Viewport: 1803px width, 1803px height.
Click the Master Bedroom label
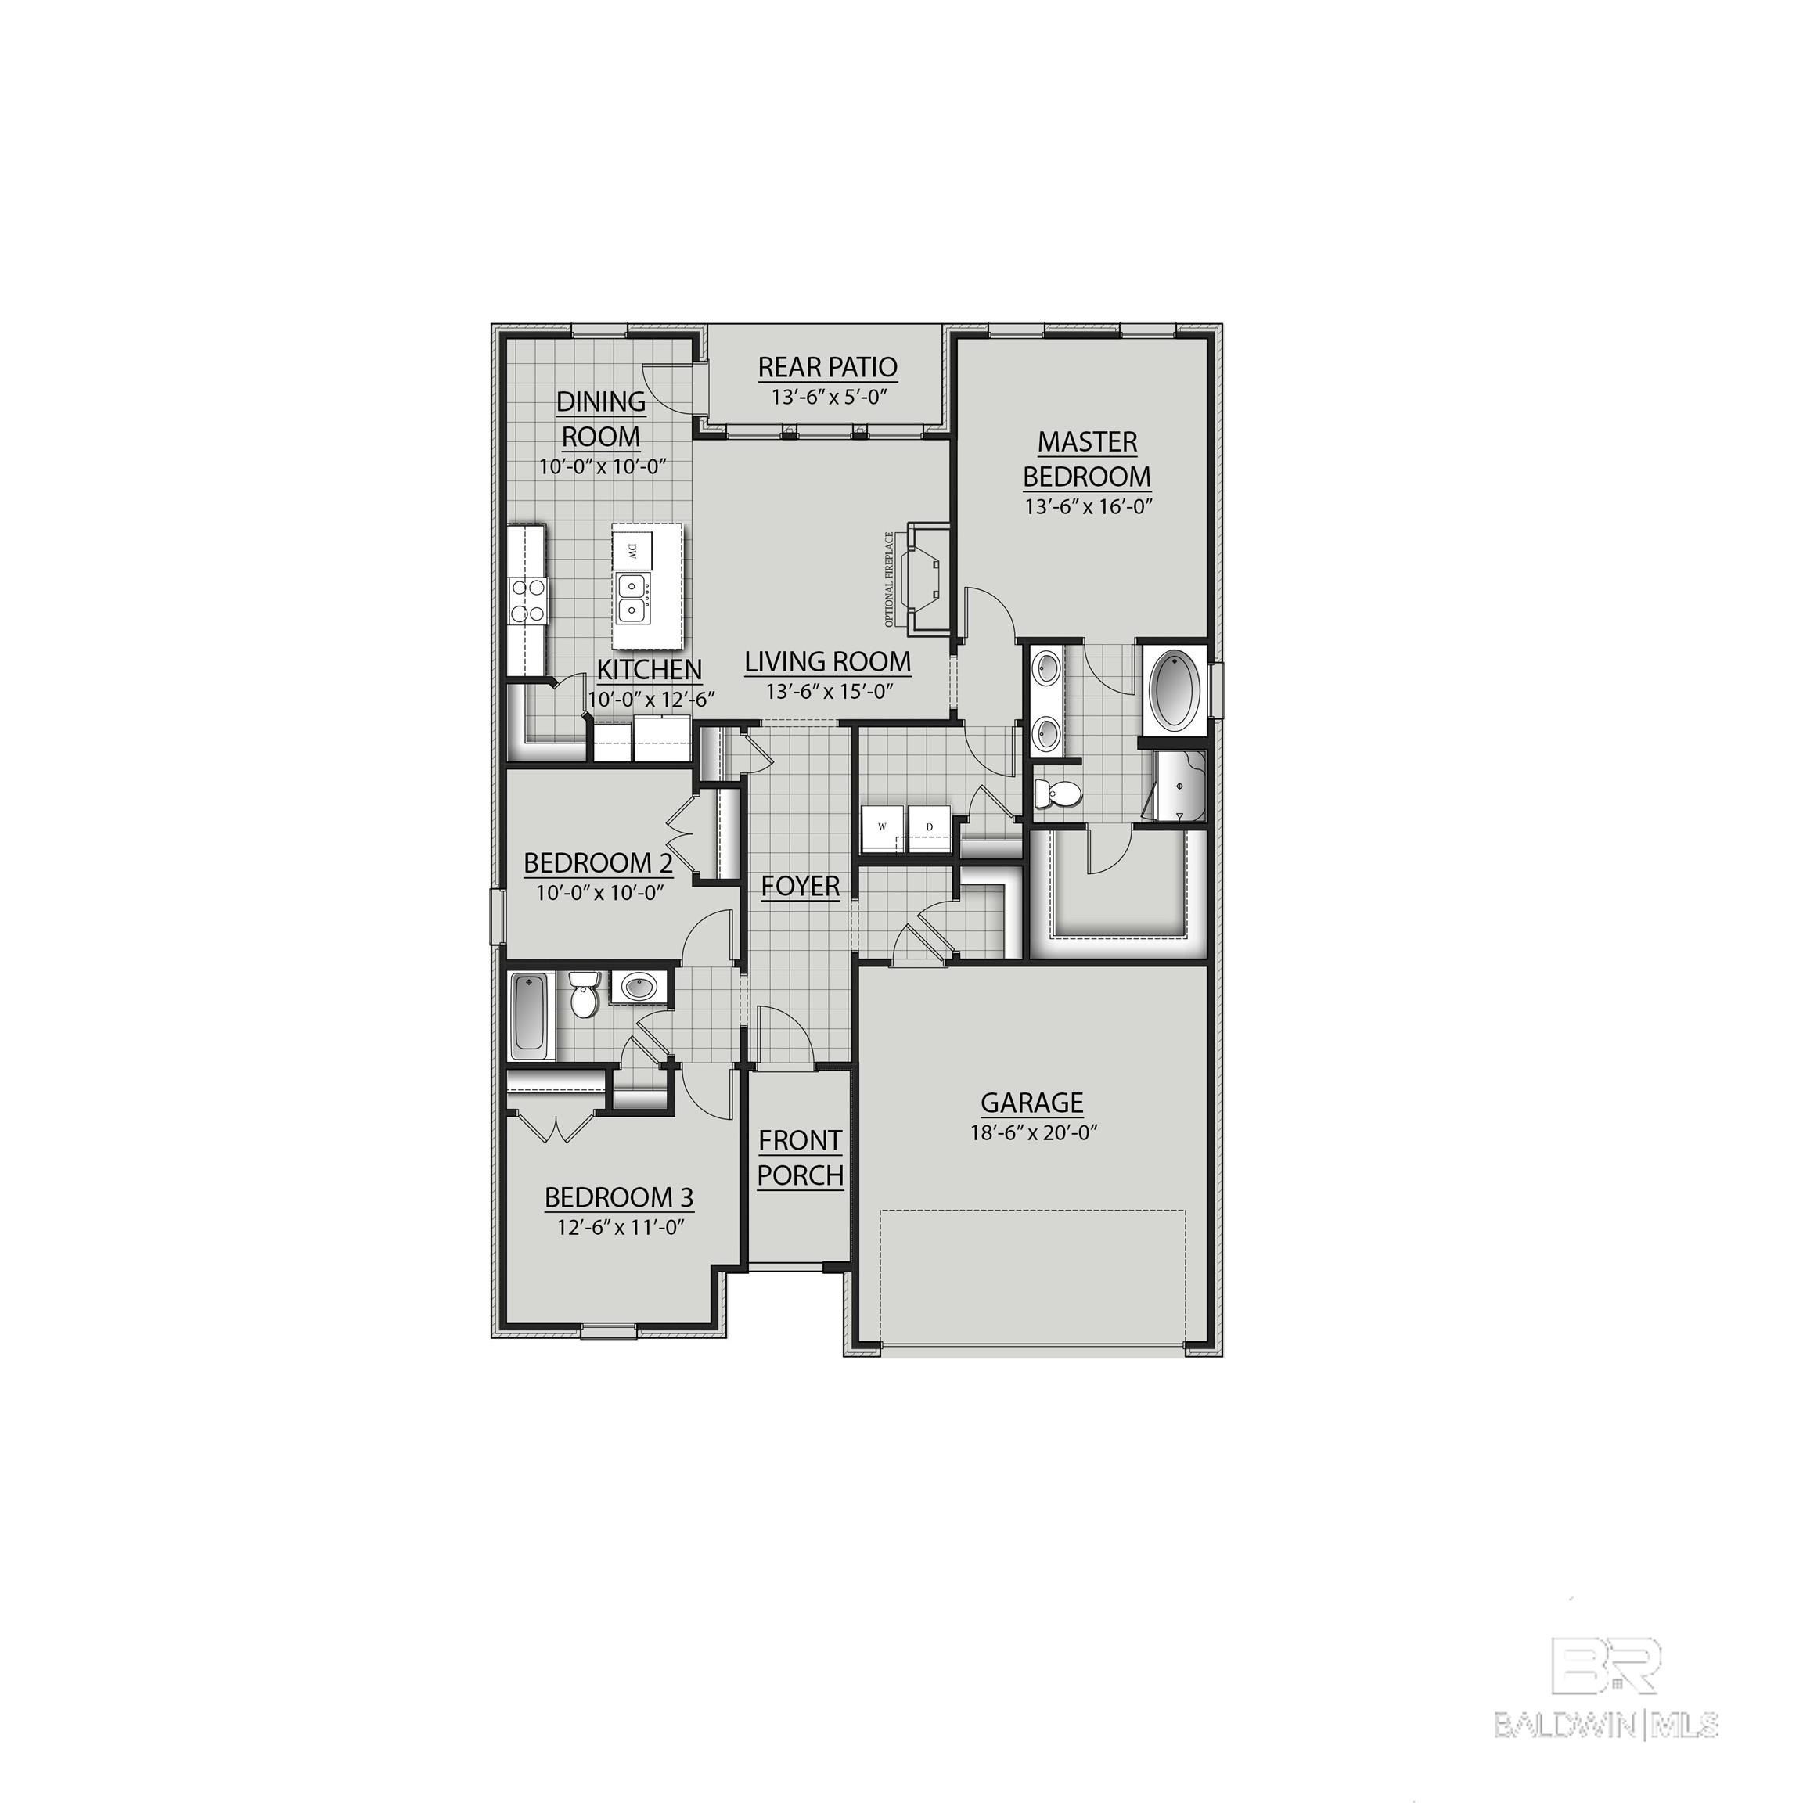click(1086, 459)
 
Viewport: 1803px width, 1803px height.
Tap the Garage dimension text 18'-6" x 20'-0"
click(1032, 1133)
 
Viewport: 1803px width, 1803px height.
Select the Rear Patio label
click(827, 367)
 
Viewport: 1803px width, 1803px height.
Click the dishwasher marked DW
click(632, 552)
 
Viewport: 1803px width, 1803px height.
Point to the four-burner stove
click(527, 600)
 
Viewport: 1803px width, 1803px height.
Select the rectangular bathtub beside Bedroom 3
click(529, 1014)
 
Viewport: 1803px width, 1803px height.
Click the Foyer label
click(800, 886)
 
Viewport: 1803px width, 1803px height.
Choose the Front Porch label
click(800, 1157)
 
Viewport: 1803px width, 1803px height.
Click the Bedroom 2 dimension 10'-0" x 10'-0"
click(599, 893)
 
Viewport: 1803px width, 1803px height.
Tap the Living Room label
click(828, 662)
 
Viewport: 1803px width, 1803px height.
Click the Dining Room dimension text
click(602, 466)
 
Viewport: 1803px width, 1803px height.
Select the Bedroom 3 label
click(619, 1197)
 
